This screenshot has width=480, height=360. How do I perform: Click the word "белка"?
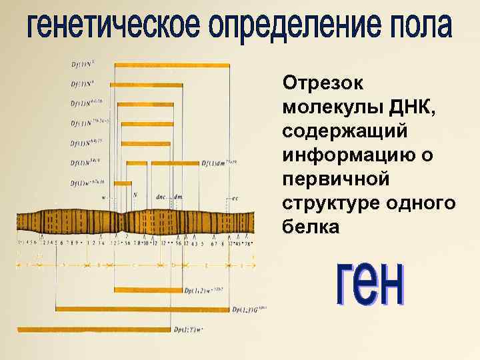pos(311,227)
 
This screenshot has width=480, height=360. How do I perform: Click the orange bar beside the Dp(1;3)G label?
pos(143,309)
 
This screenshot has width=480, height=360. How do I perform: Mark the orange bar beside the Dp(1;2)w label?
pos(148,289)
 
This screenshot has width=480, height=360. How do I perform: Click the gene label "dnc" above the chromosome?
pos(161,197)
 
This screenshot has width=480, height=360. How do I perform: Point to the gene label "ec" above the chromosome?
pos(235,198)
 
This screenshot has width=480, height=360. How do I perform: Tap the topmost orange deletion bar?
pos(172,65)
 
